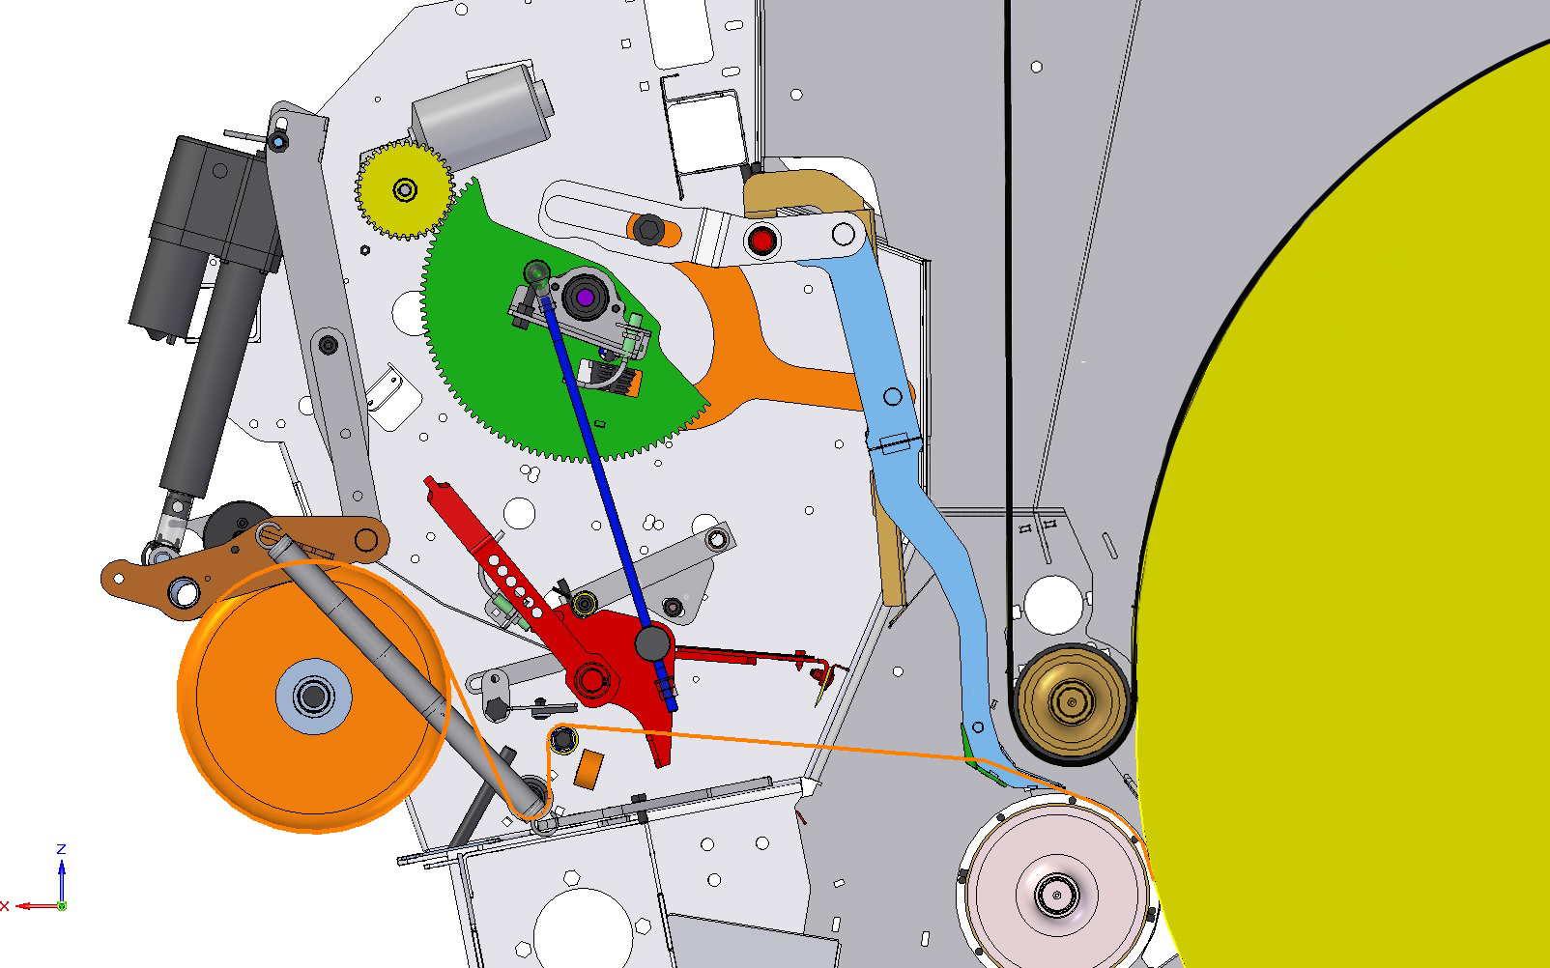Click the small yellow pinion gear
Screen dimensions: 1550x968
(405, 189)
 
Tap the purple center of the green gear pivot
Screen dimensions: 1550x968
(586, 299)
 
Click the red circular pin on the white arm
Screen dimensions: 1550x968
(762, 241)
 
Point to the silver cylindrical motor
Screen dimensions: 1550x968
(482, 116)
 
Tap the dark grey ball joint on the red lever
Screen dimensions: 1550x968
(652, 642)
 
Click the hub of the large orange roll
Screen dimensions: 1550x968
(313, 697)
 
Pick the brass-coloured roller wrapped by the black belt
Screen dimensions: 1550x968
(1072, 702)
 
